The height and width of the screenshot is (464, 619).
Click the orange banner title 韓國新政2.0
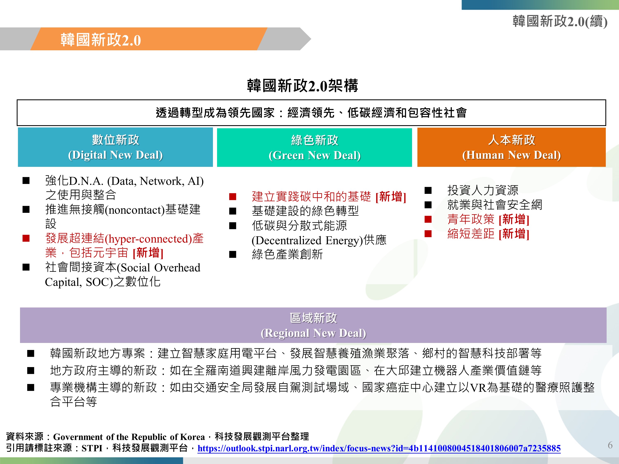pos(100,40)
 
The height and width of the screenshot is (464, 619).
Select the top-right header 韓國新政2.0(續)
pos(560,21)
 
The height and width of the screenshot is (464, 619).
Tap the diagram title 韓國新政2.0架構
pos(302,86)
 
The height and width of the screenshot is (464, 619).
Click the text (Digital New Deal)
pos(115,155)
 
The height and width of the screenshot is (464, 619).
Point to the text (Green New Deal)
pos(314,155)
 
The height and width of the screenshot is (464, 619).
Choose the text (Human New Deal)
pos(511,155)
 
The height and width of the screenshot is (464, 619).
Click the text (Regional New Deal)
pos(313,333)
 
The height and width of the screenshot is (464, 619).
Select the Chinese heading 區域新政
pos(313,318)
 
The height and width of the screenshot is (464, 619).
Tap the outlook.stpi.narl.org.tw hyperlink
pos(379,448)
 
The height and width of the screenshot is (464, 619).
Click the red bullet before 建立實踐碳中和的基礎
pos(233,197)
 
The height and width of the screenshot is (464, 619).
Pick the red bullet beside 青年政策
pos(428,219)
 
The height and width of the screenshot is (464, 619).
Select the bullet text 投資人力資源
pos(483,190)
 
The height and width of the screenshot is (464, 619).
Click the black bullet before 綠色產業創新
pos(233,254)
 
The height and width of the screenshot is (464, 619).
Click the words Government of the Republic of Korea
pos(129,437)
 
